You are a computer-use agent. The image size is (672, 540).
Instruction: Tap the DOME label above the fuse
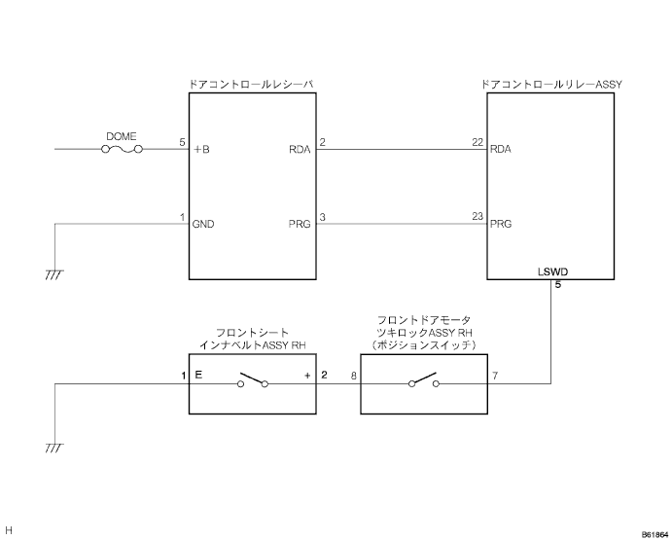pos(121,136)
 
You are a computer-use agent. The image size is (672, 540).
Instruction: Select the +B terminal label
pos(202,150)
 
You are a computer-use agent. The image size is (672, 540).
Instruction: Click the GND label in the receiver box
pos(203,224)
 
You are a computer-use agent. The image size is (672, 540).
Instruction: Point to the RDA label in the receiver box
pos(300,150)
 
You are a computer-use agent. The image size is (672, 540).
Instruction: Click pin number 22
pos(477,142)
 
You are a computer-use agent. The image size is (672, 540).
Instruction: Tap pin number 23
pos(477,216)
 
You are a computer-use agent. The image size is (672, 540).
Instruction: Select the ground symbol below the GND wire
pos(54,276)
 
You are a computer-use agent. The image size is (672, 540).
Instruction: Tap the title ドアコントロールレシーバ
pos(253,86)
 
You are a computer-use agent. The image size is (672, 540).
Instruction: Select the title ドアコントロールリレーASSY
pos(551,86)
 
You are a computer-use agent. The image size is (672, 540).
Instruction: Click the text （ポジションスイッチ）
pos(423,345)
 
